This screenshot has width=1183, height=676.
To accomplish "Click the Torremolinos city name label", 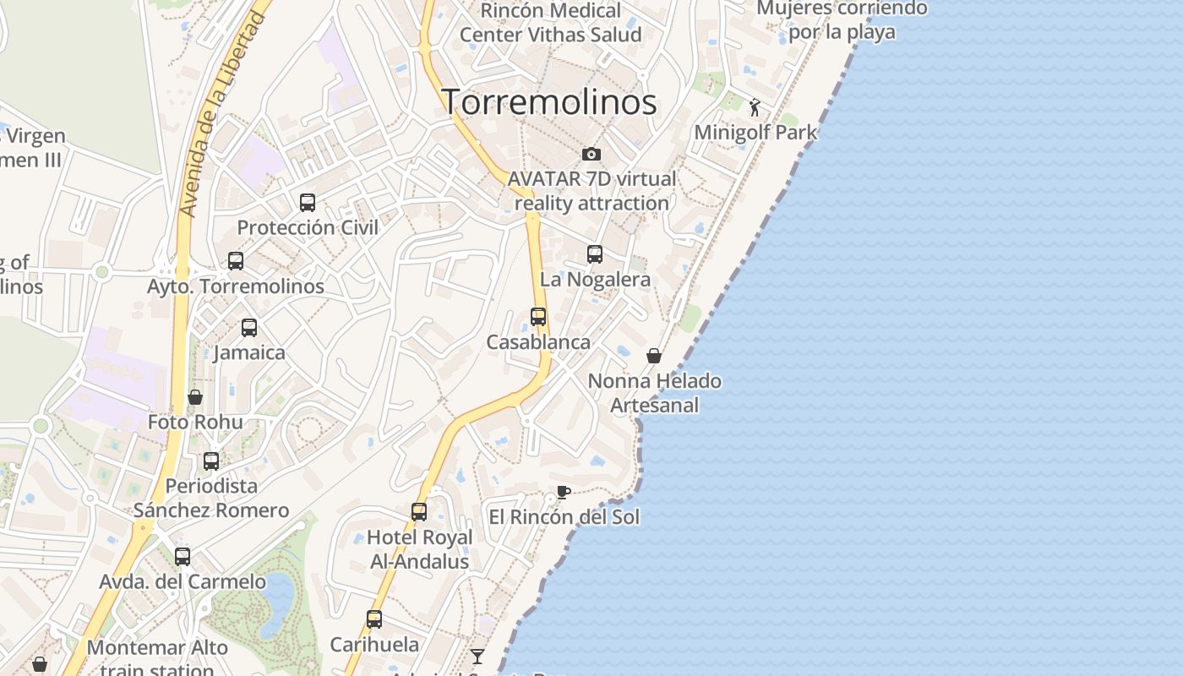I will (550, 102).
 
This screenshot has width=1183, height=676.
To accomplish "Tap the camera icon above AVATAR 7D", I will (591, 154).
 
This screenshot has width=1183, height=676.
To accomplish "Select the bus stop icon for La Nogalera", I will (595, 253).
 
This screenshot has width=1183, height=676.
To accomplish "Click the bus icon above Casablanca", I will (538, 317).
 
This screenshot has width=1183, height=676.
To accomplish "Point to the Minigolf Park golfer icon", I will (755, 107).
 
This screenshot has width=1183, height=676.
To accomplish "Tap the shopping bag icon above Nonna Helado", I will (654, 356).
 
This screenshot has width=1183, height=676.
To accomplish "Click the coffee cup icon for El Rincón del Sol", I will (564, 492).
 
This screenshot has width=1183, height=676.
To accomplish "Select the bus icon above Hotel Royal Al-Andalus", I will (419, 511).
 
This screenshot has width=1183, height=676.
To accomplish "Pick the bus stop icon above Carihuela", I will (374, 619).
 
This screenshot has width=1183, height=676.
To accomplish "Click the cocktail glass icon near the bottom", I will (477, 656).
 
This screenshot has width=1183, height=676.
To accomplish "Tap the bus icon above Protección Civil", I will (308, 203).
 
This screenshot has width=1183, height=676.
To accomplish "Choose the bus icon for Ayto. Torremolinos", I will (236, 261).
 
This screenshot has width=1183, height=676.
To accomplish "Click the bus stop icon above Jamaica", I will (249, 327).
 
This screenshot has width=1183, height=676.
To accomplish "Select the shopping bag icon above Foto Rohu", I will (195, 397).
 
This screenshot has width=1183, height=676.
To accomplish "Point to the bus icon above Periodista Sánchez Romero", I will (211, 461).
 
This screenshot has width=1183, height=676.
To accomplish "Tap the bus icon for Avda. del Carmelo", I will (183, 557).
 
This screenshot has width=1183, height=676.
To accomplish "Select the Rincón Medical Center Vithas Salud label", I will (550, 23).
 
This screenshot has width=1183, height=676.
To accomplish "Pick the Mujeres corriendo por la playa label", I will (842, 20).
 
